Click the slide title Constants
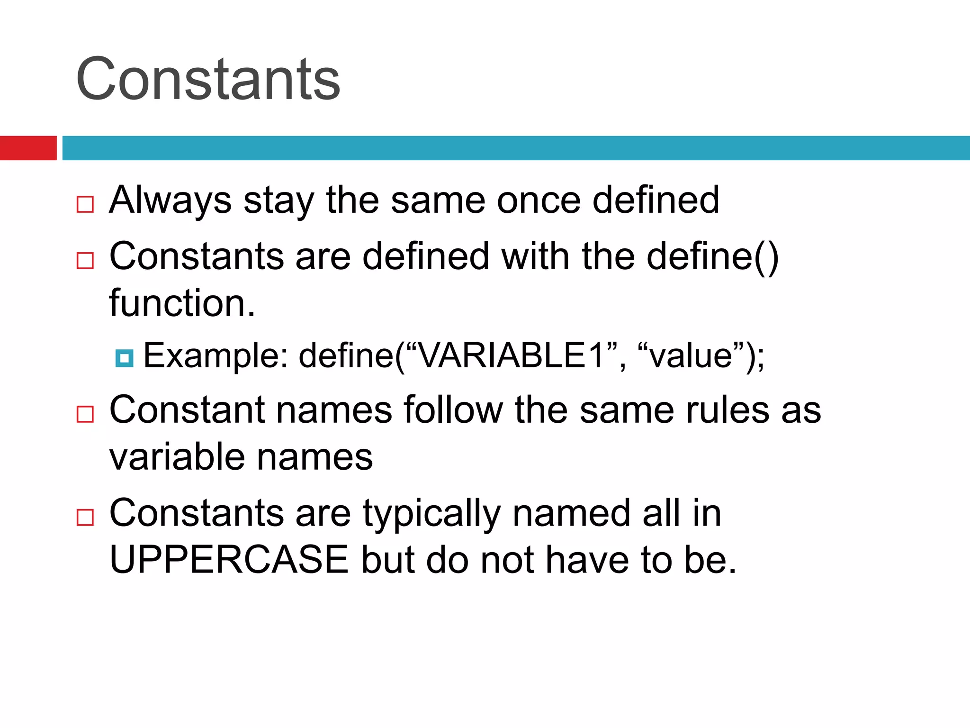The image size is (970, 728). [x=208, y=79]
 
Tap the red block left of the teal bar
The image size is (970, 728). [x=28, y=148]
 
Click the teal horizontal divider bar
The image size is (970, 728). [x=516, y=148]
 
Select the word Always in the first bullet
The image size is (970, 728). [x=171, y=200]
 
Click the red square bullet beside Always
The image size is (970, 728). [x=85, y=204]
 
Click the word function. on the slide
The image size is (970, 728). [x=182, y=303]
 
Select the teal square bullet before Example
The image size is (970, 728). [x=124, y=358]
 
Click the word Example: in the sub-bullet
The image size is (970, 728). [x=216, y=355]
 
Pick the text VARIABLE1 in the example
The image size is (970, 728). [x=512, y=355]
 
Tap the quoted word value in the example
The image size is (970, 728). [x=691, y=355]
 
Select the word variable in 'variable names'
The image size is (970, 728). [x=177, y=457]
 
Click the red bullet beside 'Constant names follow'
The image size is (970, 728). [x=85, y=414]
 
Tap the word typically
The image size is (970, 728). [x=431, y=514]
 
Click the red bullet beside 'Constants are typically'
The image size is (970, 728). [x=85, y=517]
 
